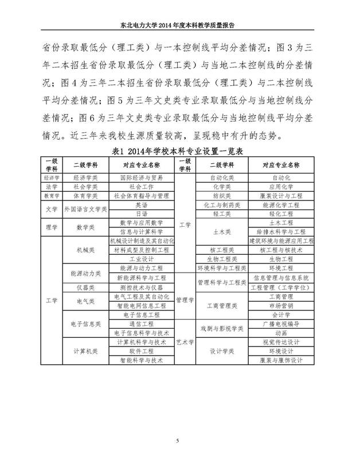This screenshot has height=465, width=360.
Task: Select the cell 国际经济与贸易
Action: click(140, 178)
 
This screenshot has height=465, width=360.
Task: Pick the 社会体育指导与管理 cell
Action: click(140, 195)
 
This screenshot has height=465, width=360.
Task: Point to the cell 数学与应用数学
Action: click(140, 222)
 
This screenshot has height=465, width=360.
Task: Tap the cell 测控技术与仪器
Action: click(140, 287)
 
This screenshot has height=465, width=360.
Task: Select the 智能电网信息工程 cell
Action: click(140, 306)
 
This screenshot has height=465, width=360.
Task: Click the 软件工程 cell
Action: click(140, 351)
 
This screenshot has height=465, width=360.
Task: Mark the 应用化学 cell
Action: click(281, 187)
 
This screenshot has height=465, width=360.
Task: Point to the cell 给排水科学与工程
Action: click(281, 232)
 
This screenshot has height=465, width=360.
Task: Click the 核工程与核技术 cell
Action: click(281, 250)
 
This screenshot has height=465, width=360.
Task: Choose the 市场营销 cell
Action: click(281, 306)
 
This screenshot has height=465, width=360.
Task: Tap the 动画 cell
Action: click(281, 333)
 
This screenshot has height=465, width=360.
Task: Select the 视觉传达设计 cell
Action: click(281, 342)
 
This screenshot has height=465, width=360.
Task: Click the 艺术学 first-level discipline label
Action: click(185, 342)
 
